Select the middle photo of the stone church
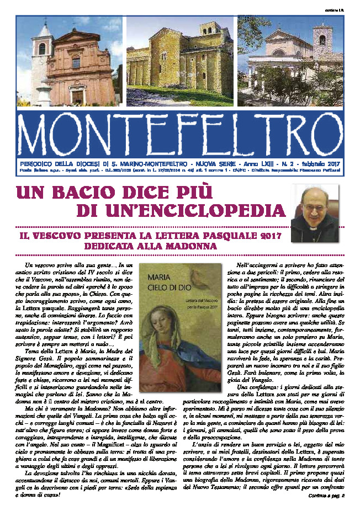181,62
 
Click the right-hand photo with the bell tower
290,62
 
